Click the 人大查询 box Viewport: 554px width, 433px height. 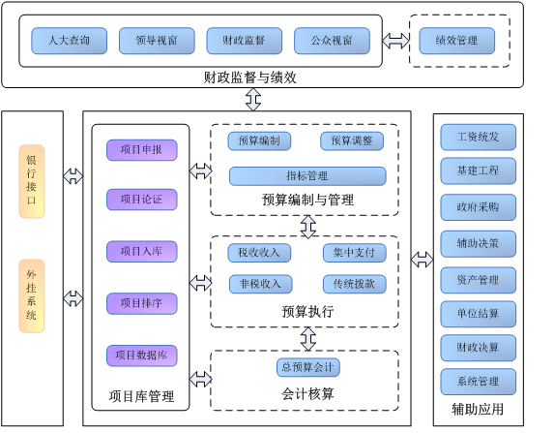click(x=70, y=41)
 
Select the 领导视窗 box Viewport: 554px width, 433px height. click(x=157, y=41)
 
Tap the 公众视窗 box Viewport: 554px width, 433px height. click(x=332, y=41)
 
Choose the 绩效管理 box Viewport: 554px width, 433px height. click(x=457, y=41)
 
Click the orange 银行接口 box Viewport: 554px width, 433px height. click(x=32, y=181)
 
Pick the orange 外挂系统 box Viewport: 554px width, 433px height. click(x=32, y=295)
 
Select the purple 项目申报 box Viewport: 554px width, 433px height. click(x=142, y=150)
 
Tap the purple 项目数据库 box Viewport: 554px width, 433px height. click(x=142, y=356)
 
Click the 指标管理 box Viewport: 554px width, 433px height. click(x=307, y=176)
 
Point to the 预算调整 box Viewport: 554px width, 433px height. click(x=352, y=140)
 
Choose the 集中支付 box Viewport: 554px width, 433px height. click(x=355, y=253)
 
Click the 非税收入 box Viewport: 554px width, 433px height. click(x=260, y=284)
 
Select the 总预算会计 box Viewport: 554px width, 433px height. click(x=308, y=367)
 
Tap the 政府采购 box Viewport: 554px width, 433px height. click(x=478, y=207)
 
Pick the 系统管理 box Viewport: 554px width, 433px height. click(x=478, y=382)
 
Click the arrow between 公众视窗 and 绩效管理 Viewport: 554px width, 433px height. click(x=395, y=41)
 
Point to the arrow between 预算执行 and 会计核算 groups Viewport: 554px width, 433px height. click(x=308, y=339)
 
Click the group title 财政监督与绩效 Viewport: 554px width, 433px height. click(x=249, y=77)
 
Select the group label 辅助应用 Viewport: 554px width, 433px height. click(x=478, y=410)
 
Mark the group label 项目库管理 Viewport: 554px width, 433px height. click(x=141, y=396)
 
